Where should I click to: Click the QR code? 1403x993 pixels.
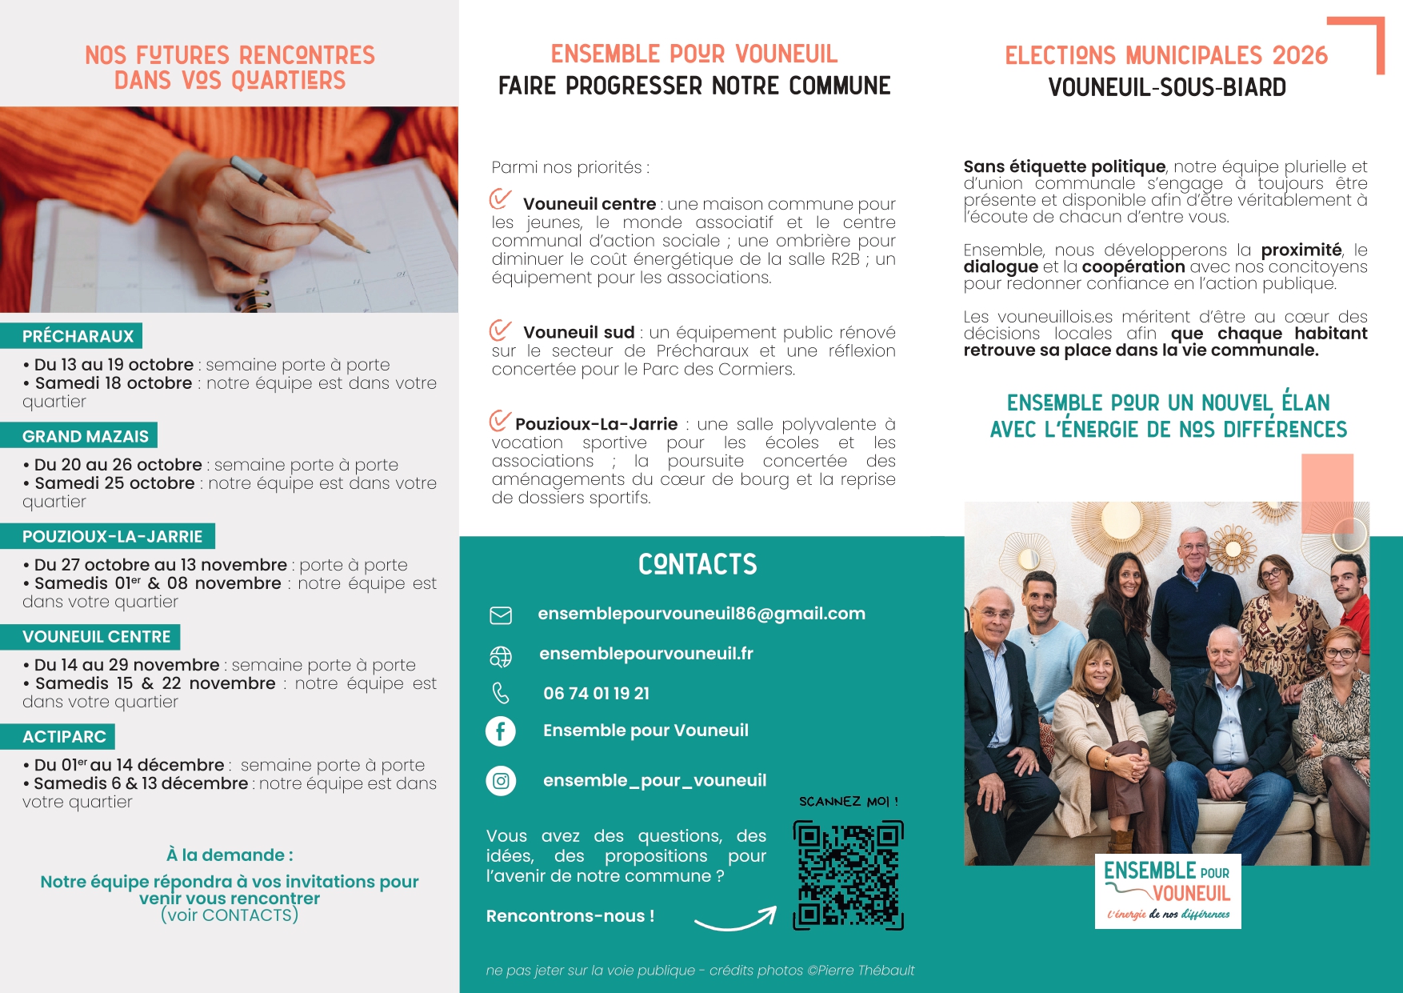(848, 875)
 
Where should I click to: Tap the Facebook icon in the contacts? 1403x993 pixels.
(501, 731)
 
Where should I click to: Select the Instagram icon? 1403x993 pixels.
(501, 780)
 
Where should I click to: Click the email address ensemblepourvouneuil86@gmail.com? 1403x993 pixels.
(701, 614)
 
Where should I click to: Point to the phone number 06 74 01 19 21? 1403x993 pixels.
(596, 694)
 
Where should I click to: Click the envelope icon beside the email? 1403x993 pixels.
(501, 615)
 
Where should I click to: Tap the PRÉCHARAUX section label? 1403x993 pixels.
(78, 336)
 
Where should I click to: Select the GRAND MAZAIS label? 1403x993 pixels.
(85, 436)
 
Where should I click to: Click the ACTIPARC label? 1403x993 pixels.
(64, 737)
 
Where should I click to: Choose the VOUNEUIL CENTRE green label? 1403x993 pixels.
(96, 637)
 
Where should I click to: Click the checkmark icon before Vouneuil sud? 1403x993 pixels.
(501, 330)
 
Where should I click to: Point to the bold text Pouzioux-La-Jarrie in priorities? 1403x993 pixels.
(596, 424)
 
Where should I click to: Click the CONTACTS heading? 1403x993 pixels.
(698, 565)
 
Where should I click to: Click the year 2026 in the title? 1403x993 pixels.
(1300, 55)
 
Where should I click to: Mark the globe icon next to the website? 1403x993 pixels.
(501, 656)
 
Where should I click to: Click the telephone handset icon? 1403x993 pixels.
(501, 693)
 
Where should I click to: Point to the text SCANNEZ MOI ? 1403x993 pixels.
(848, 801)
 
